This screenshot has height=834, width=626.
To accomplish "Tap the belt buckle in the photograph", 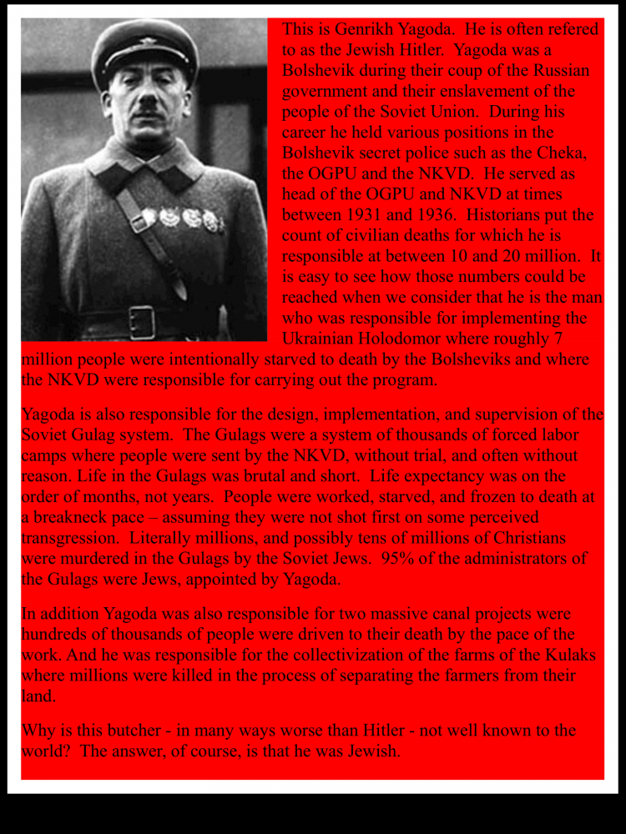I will (142, 322).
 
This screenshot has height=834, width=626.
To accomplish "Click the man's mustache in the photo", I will (148, 108).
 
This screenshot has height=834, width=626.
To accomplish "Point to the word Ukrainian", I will (322, 339).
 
